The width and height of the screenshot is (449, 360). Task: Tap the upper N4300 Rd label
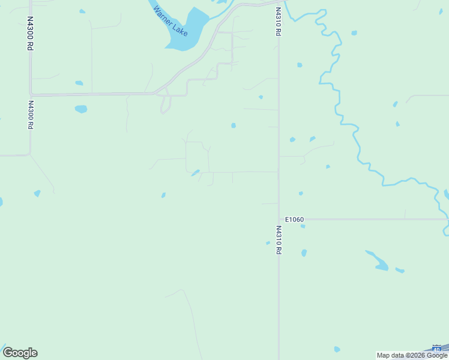(29, 33)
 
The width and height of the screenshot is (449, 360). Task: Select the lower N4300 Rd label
(30, 115)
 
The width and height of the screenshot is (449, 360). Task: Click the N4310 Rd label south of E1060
(279, 240)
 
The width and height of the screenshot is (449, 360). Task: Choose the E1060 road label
(294, 220)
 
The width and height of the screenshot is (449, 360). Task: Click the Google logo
(20, 353)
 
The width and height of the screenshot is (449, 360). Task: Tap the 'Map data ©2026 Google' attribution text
(412, 355)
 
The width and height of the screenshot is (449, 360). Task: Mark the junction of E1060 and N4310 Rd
(279, 220)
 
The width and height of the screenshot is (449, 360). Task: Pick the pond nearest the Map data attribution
(337, 349)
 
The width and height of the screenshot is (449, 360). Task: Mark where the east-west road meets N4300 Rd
(31, 94)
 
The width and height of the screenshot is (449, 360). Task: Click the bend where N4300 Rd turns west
(29, 155)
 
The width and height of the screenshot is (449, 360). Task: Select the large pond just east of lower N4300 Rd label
(80, 109)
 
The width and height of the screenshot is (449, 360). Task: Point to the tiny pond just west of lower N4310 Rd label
(268, 243)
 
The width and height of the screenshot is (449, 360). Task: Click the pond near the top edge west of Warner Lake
(82, 11)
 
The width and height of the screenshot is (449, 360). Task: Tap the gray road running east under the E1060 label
(372, 220)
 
